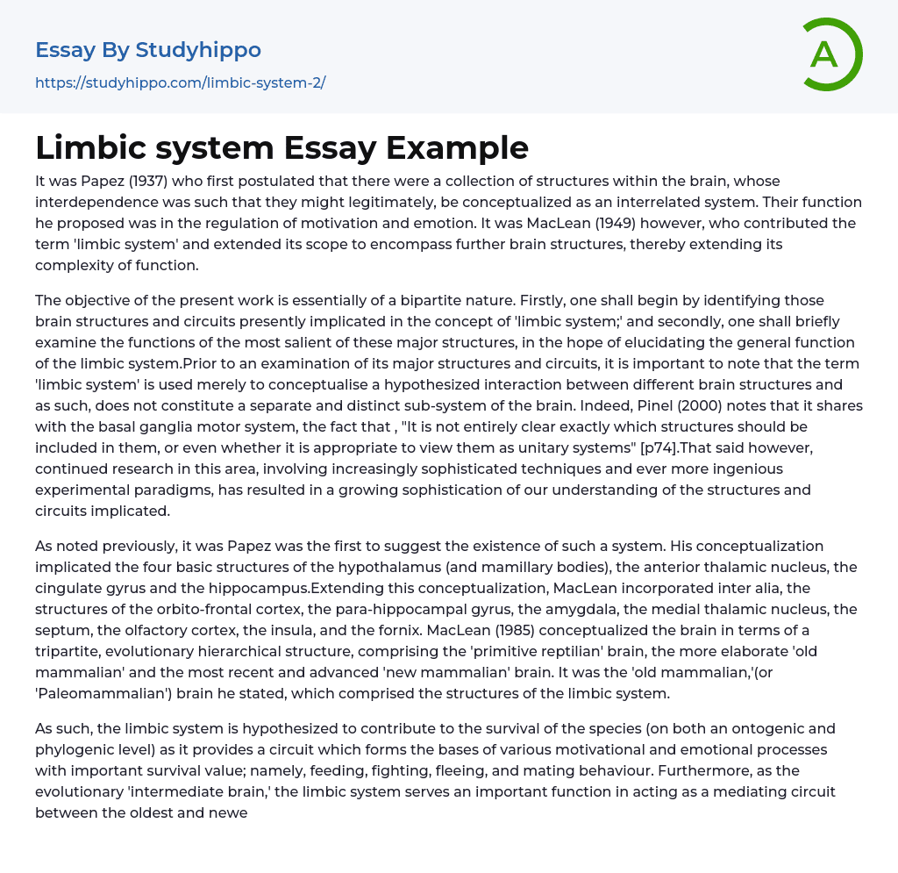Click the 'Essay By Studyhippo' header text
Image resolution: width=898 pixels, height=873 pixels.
[x=148, y=50]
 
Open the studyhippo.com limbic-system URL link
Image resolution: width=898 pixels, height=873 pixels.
[x=180, y=83]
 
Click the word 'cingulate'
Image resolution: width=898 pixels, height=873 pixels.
[x=71, y=589]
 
